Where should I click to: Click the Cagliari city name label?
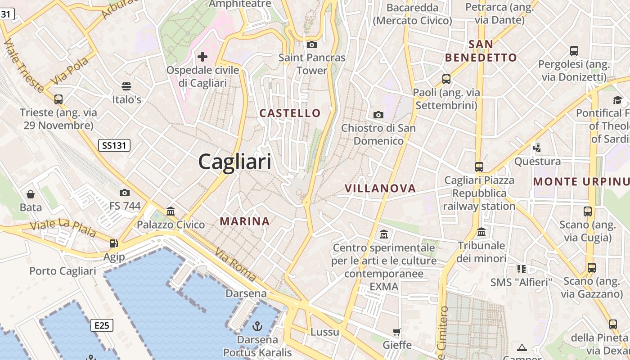tap(235, 161)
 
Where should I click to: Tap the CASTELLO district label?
tap(290, 113)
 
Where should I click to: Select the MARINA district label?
tap(245, 221)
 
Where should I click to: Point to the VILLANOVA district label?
tap(380, 189)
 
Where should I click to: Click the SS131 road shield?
tap(114, 145)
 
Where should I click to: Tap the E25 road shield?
tap(102, 325)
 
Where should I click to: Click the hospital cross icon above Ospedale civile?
tap(202, 56)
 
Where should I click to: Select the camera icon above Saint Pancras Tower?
tap(311, 45)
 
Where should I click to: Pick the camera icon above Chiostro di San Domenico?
tap(378, 115)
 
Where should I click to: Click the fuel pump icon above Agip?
tap(114, 243)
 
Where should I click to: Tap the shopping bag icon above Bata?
tap(31, 194)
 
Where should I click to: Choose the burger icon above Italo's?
tap(126, 86)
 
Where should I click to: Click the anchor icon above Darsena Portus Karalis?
tap(257, 326)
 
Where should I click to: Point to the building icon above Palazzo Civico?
tap(171, 211)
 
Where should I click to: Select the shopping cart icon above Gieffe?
tap(397, 332)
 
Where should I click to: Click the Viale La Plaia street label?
tap(63, 228)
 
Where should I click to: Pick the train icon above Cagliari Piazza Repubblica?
tap(479, 167)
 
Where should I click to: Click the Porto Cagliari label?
tap(63, 271)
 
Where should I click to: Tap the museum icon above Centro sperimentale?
tap(384, 234)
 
